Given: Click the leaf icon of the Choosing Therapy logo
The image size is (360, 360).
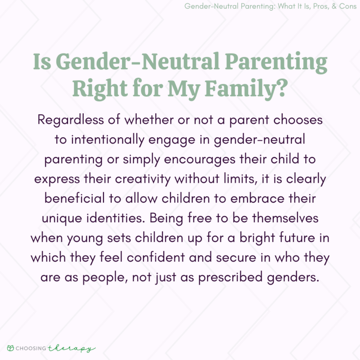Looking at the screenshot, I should pyautogui.click(x=10, y=348).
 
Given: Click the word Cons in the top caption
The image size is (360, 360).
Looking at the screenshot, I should pyautogui.click(x=346, y=7).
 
